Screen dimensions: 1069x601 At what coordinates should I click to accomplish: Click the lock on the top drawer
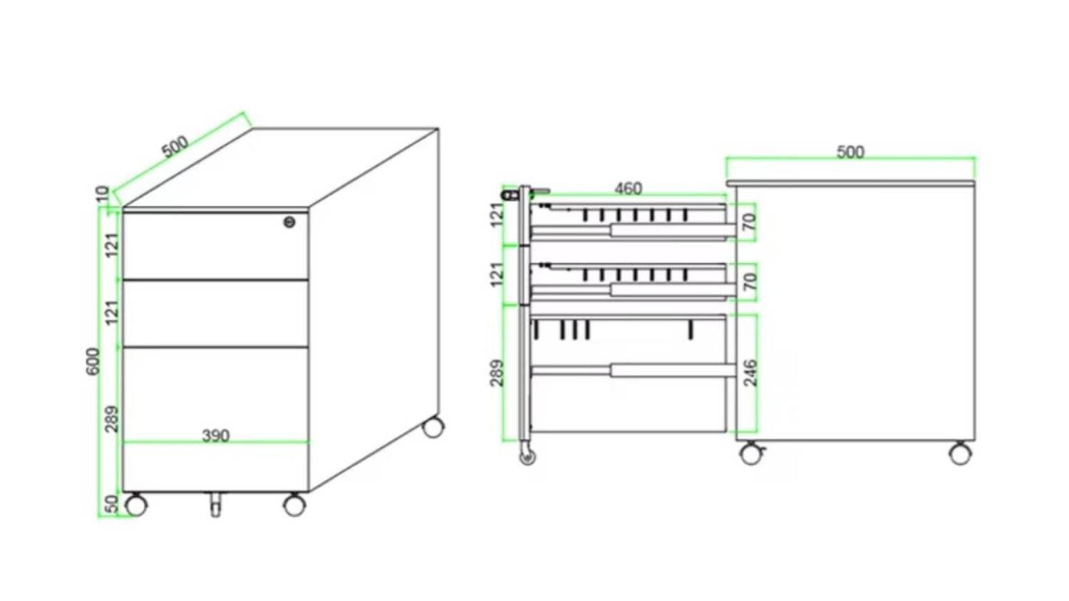click(x=289, y=221)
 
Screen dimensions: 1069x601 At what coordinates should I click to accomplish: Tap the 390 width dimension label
click(x=216, y=436)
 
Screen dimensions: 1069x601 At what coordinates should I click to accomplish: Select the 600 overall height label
click(x=94, y=361)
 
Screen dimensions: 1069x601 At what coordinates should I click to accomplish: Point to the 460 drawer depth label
click(x=628, y=189)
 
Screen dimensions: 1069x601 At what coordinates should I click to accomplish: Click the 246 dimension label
click(x=750, y=373)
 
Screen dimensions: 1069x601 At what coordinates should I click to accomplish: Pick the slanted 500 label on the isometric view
click(x=175, y=147)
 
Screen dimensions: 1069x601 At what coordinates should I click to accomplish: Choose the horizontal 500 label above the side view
click(x=850, y=152)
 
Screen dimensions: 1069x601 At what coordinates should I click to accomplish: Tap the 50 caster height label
click(x=111, y=504)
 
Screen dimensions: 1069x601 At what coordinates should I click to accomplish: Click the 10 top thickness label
click(x=103, y=194)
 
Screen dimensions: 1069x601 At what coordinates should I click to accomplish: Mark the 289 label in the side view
click(x=497, y=373)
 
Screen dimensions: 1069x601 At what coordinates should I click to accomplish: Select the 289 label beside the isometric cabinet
click(x=112, y=419)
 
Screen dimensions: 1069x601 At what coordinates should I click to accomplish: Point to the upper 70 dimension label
click(x=750, y=221)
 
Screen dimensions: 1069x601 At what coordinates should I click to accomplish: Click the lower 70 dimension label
click(x=750, y=282)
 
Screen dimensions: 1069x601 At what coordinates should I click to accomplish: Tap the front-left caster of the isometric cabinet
click(x=135, y=505)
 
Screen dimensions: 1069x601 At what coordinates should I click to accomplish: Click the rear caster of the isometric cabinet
click(x=433, y=427)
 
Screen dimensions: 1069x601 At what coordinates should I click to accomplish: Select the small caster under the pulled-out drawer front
click(x=527, y=456)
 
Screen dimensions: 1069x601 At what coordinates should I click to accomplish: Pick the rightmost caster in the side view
click(x=960, y=454)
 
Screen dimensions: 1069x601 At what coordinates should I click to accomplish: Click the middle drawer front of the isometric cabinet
click(x=216, y=313)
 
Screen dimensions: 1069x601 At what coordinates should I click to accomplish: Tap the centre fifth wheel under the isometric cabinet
click(x=216, y=504)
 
